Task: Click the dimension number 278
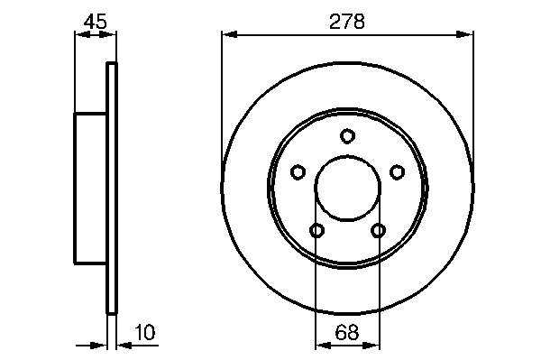(x=347, y=22)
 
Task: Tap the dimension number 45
(x=96, y=22)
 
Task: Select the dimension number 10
(x=145, y=332)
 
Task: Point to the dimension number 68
(x=347, y=332)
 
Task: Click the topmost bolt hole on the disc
(x=347, y=135)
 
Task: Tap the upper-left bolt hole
(x=298, y=172)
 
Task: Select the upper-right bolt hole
(x=397, y=172)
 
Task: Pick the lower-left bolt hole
(x=316, y=231)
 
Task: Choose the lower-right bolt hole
(x=378, y=231)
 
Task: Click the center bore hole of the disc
(x=347, y=188)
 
